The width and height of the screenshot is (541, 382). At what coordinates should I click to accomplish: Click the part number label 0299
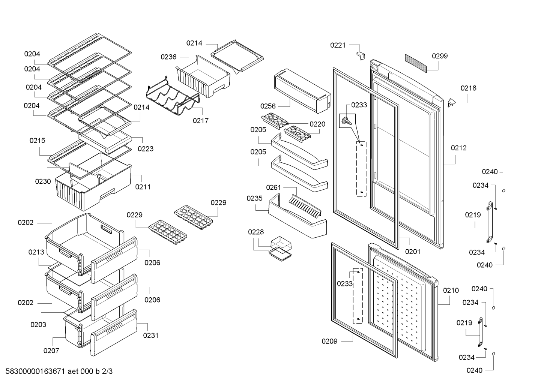[440, 56]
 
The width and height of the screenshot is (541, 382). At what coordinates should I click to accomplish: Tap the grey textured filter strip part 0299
[416, 63]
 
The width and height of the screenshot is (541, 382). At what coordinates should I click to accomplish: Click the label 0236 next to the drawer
[168, 57]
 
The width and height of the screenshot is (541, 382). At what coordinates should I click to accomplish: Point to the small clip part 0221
[361, 56]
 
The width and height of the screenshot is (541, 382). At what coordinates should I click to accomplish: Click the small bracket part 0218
[451, 103]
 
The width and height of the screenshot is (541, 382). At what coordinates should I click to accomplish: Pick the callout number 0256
[268, 106]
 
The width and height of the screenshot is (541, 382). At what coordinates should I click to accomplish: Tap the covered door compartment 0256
[302, 91]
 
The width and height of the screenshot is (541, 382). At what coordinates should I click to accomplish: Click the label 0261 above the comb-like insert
[274, 187]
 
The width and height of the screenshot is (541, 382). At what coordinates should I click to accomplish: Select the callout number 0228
[256, 232]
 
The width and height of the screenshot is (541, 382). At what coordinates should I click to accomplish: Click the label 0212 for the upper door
[458, 148]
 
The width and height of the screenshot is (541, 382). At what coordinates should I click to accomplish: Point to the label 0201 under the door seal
[413, 252]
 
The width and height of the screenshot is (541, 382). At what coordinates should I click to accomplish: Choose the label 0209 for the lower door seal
[329, 341]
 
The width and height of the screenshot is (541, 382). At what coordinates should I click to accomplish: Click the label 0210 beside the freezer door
[451, 291]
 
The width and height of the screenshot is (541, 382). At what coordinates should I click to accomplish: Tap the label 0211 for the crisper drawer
[143, 187]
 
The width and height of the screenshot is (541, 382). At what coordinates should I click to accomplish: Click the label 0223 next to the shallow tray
[146, 149]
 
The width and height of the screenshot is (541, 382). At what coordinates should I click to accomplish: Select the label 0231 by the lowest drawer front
[151, 336]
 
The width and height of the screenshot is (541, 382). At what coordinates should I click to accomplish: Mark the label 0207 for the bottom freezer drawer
[51, 351]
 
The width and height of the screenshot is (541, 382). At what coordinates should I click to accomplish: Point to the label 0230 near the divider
[43, 181]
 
